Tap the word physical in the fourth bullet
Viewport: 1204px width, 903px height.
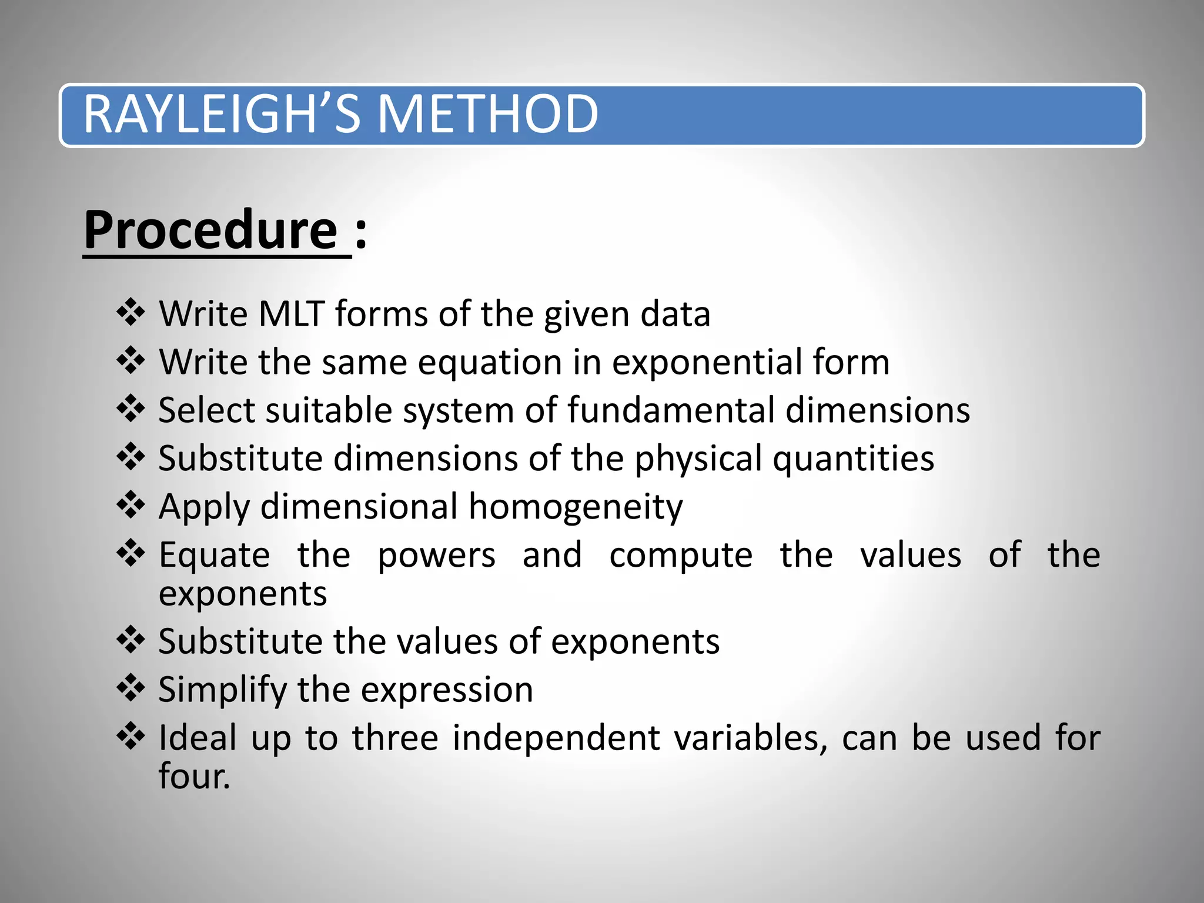pyautogui.click(x=698, y=459)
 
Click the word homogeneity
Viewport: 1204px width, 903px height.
pyautogui.click(x=576, y=507)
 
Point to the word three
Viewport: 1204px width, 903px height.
pyautogui.click(x=395, y=737)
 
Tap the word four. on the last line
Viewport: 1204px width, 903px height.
pyautogui.click(x=194, y=776)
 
